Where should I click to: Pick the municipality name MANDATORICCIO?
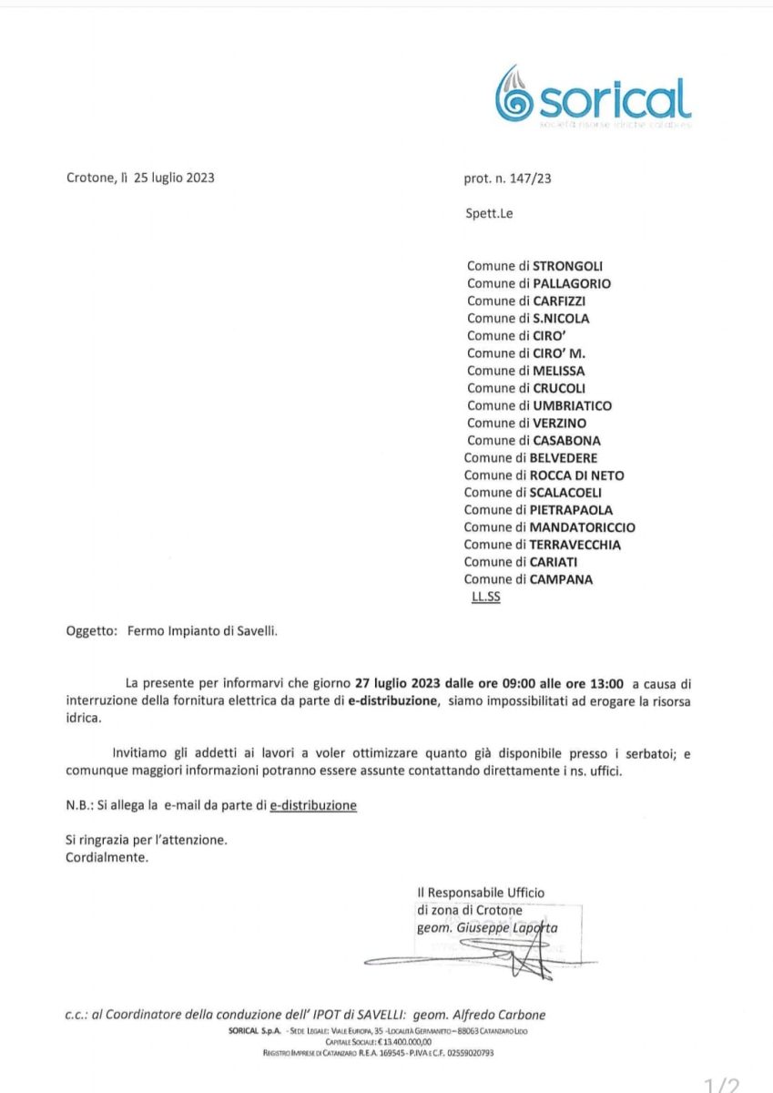click(583, 527)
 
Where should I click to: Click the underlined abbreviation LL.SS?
click(486, 598)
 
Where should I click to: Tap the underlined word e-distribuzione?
click(313, 805)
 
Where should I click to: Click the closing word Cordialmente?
click(107, 857)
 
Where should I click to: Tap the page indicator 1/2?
click(723, 1084)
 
